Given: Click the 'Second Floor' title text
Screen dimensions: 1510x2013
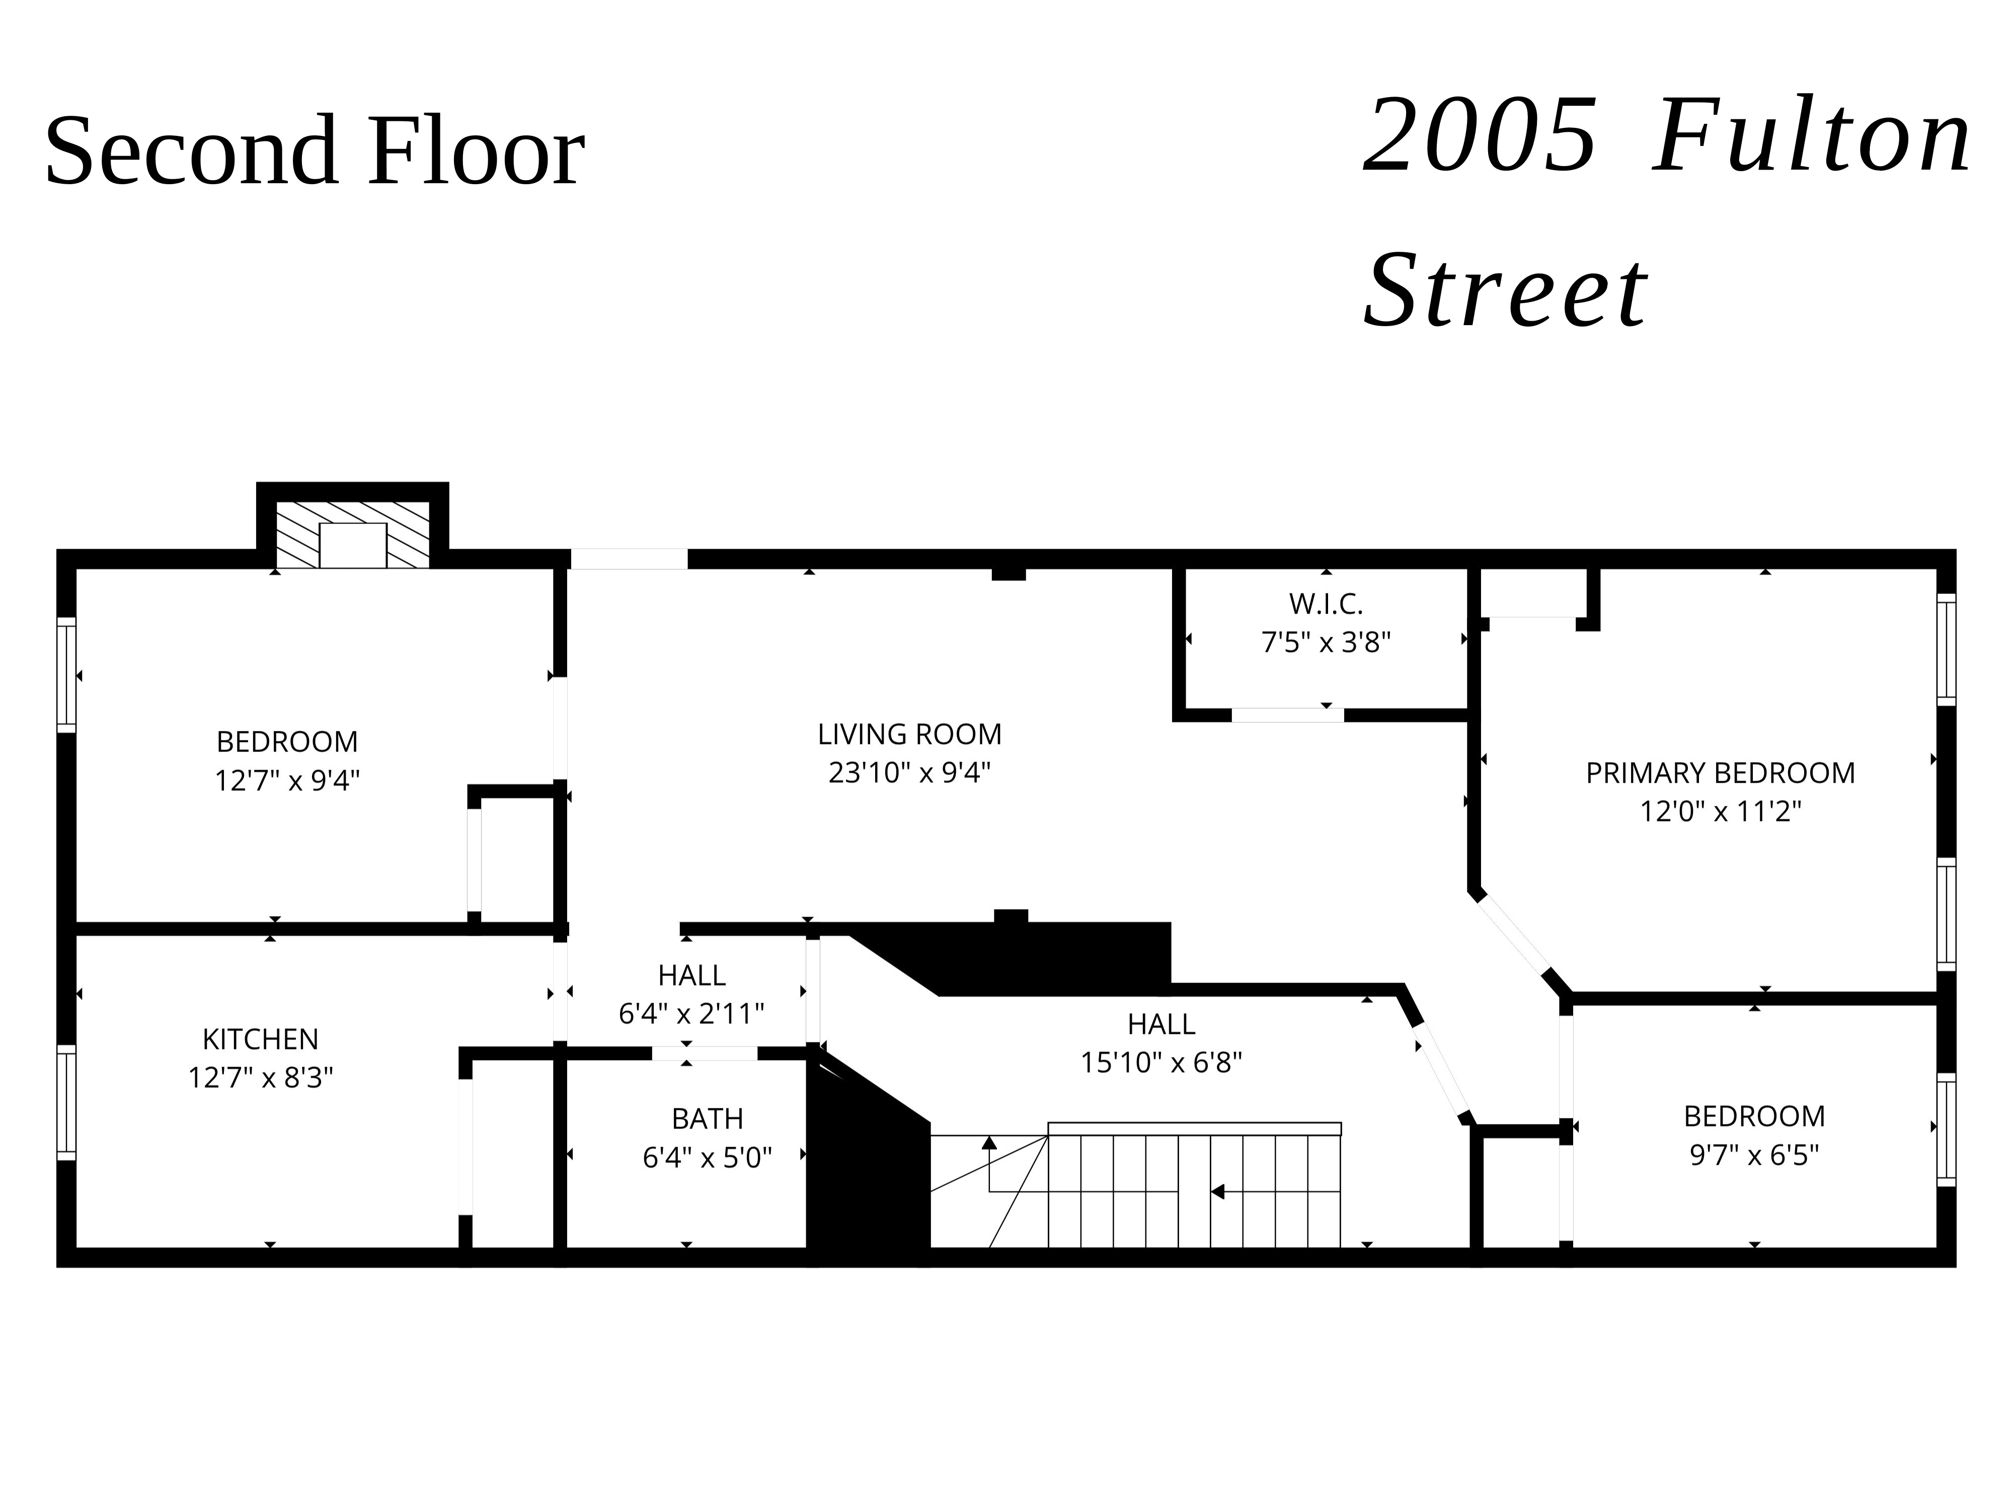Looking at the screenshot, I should (x=314, y=150).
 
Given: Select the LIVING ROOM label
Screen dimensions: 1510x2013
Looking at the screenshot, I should (x=909, y=734).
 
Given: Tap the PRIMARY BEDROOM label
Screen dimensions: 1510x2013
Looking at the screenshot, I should (x=1720, y=773).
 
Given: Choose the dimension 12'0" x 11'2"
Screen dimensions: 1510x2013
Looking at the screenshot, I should (x=1720, y=811).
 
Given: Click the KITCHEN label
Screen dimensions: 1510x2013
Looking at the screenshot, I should (x=260, y=1038).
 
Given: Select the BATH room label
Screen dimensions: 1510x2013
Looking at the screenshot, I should (x=707, y=1118).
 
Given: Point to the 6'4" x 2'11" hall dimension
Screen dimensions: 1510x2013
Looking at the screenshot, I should (x=691, y=1013).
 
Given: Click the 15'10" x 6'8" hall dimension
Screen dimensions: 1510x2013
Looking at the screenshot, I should (x=1160, y=1062).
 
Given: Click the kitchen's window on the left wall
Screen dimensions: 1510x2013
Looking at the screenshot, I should (x=66, y=1102).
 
